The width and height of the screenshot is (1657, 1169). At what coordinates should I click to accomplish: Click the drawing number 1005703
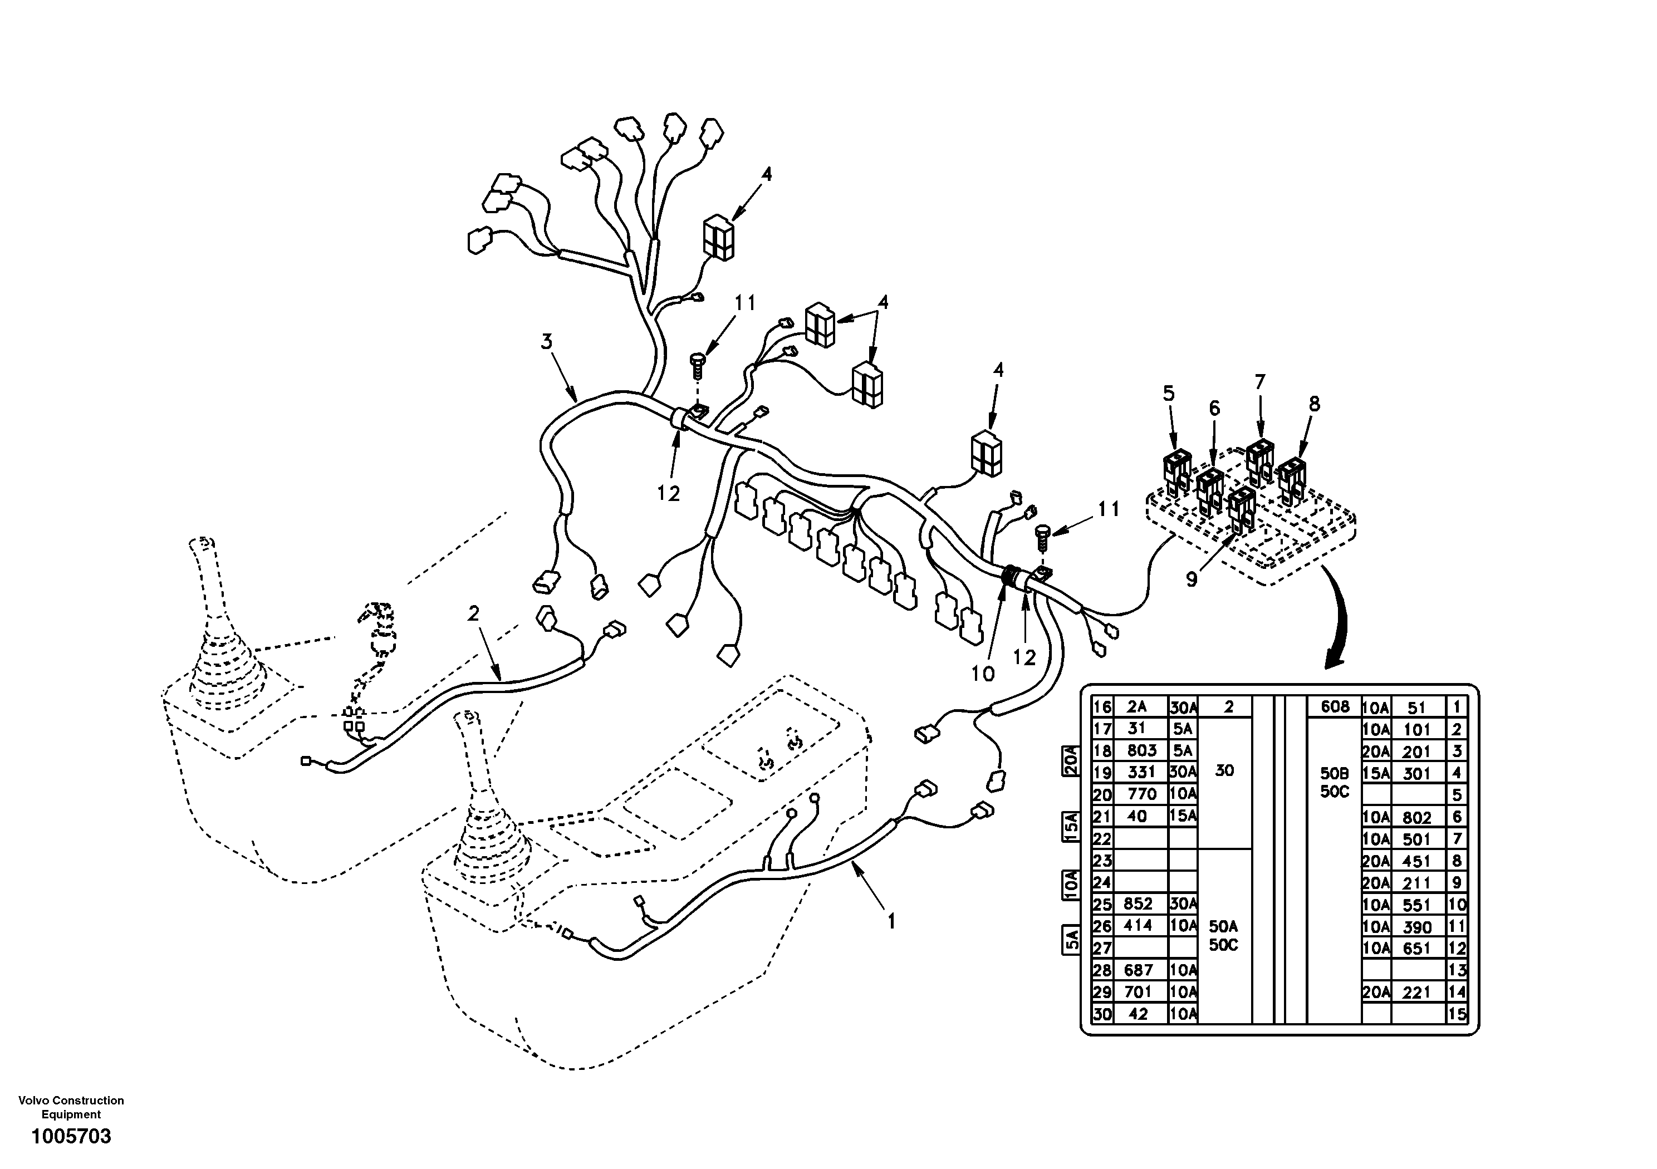pyautogui.click(x=71, y=1137)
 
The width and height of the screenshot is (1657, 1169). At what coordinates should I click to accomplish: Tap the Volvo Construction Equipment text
pyautogui.click(x=71, y=1107)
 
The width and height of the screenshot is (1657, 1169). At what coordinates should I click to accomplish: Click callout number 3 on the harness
pyautogui.click(x=546, y=341)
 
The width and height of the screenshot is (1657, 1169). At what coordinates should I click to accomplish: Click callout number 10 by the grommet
pyautogui.click(x=982, y=674)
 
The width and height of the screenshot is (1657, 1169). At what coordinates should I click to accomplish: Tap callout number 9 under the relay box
pyautogui.click(x=1192, y=579)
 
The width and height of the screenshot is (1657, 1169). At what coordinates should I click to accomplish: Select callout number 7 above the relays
pyautogui.click(x=1260, y=382)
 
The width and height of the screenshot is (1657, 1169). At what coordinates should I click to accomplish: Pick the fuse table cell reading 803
pyautogui.click(x=1142, y=750)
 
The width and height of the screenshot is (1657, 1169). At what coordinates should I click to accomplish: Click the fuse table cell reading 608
pyautogui.click(x=1335, y=706)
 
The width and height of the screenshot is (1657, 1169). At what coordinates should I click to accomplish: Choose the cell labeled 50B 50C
pyautogui.click(x=1335, y=782)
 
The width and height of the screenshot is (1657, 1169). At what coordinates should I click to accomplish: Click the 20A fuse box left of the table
pyautogui.click(x=1071, y=760)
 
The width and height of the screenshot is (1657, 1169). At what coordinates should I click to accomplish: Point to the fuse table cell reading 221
pyautogui.click(x=1416, y=992)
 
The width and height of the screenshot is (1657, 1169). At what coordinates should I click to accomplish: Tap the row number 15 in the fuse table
pyautogui.click(x=1457, y=1014)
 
